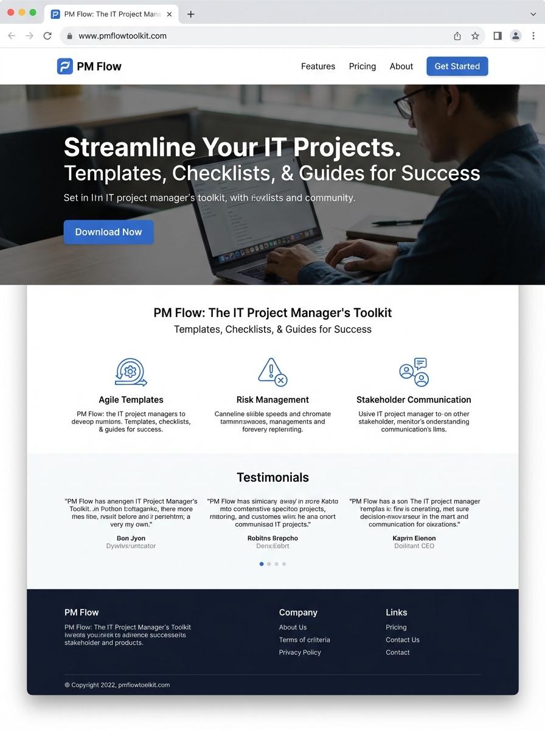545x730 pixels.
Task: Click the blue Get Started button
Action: pyautogui.click(x=457, y=66)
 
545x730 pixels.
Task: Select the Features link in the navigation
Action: pyautogui.click(x=318, y=66)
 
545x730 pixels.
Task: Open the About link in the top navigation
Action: pyautogui.click(x=401, y=66)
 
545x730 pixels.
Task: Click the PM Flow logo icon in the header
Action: pyautogui.click(x=64, y=66)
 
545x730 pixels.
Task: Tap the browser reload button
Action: pyautogui.click(x=47, y=36)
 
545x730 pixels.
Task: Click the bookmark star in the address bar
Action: pyautogui.click(x=475, y=36)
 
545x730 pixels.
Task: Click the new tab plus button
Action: pyautogui.click(x=191, y=14)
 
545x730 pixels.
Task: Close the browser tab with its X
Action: pyautogui.click(x=169, y=14)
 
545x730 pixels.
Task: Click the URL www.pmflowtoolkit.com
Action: pyautogui.click(x=122, y=36)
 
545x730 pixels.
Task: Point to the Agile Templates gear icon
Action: pyautogui.click(x=131, y=372)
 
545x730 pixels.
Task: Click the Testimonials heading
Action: pyautogui.click(x=272, y=478)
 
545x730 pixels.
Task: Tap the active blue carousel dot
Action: pyautogui.click(x=262, y=564)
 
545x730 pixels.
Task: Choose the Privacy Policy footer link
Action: pyautogui.click(x=300, y=652)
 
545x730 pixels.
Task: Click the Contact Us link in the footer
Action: pyautogui.click(x=403, y=639)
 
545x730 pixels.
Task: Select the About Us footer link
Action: pyautogui.click(x=293, y=627)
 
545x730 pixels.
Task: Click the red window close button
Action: pyautogui.click(x=10, y=12)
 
